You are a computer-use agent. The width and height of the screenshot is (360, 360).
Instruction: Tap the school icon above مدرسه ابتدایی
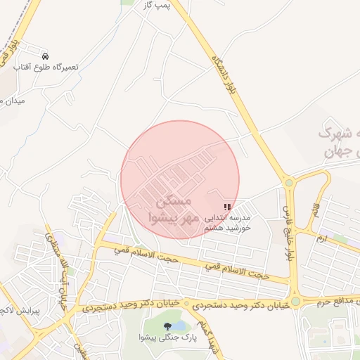pos(226,207)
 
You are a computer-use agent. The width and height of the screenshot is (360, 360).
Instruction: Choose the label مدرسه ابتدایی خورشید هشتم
pos(226,224)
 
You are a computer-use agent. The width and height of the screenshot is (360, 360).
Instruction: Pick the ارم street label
pos(322,240)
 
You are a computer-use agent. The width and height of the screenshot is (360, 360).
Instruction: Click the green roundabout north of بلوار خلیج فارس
pos(289,184)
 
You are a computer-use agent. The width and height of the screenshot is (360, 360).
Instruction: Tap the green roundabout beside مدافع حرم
pos(295,302)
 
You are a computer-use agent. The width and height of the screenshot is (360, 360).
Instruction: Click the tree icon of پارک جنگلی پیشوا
pos(167,326)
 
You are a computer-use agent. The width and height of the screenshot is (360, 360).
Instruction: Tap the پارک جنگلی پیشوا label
pos(168,339)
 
